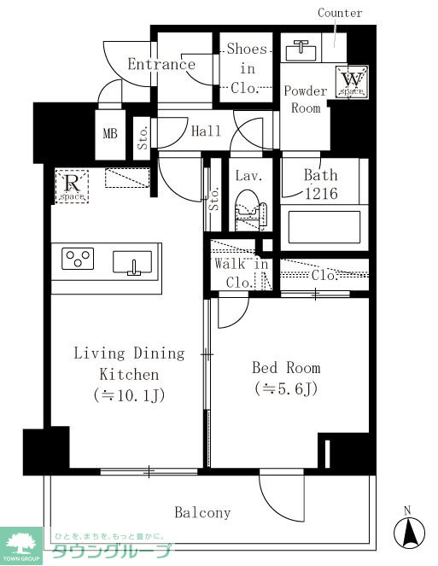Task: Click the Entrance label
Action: click(x=161, y=64)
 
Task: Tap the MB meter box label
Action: click(x=110, y=133)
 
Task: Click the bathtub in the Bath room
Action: click(x=324, y=228)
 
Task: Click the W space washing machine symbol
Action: click(x=352, y=82)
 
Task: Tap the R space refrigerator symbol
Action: click(x=72, y=186)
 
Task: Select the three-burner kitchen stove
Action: click(x=78, y=259)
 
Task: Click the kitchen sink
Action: click(x=132, y=263)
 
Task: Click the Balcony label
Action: click(x=202, y=512)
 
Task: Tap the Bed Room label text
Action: click(x=286, y=368)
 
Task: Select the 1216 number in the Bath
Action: click(x=321, y=194)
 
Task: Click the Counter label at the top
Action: click(x=340, y=13)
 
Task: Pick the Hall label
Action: click(x=206, y=131)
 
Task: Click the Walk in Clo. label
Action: click(x=242, y=273)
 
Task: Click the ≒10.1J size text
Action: click(x=129, y=395)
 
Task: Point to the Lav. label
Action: click(x=248, y=176)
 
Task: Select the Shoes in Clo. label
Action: click(x=248, y=68)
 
